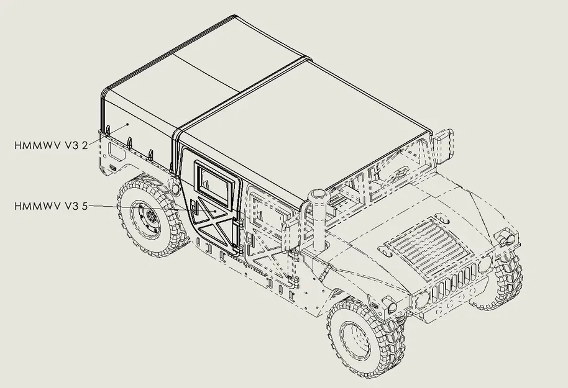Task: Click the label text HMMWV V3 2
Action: click(x=50, y=145)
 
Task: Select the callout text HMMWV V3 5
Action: click(x=50, y=205)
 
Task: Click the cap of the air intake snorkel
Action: click(x=318, y=197)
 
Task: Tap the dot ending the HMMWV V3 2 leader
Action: click(x=129, y=125)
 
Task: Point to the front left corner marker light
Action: click(x=391, y=305)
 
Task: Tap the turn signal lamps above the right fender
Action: click(x=503, y=238)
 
